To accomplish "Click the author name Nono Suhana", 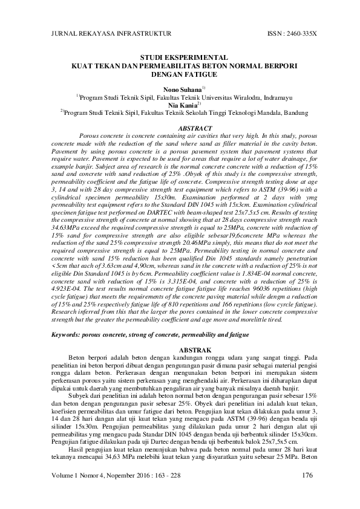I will pyautogui.click(x=176, y=89).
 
